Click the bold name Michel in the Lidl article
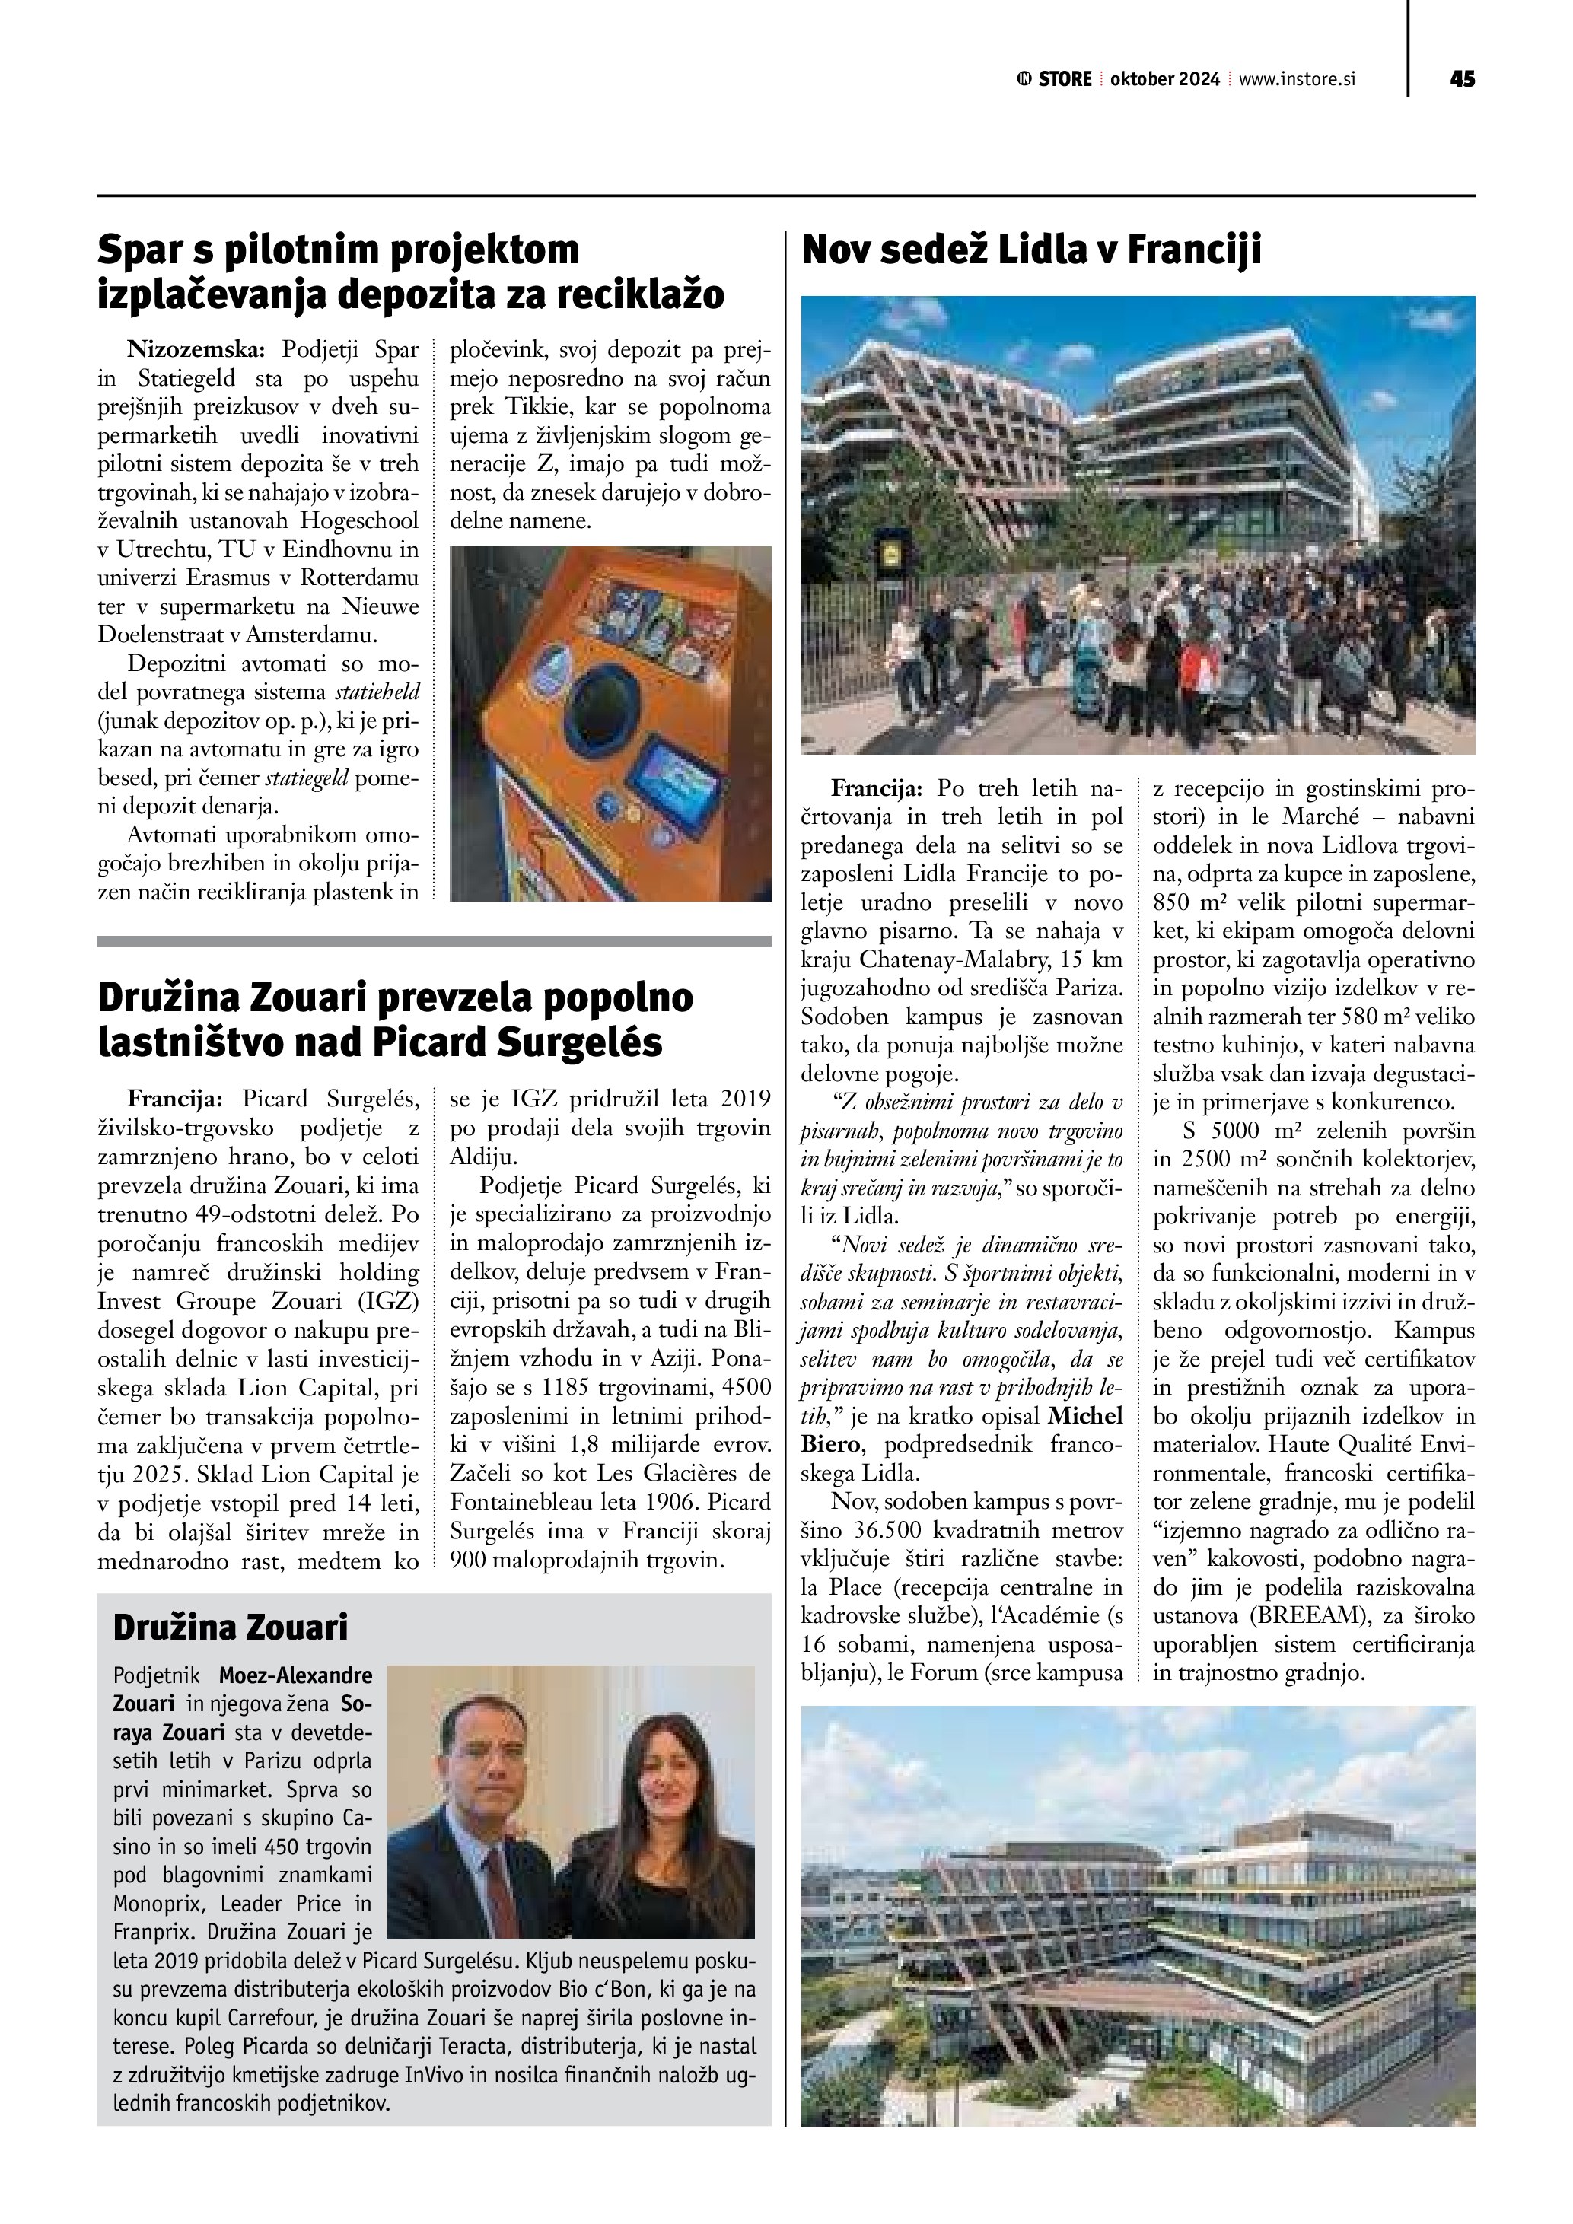coord(1086,1416)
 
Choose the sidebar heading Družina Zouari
coord(231,1627)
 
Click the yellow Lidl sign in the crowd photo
coord(890,554)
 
